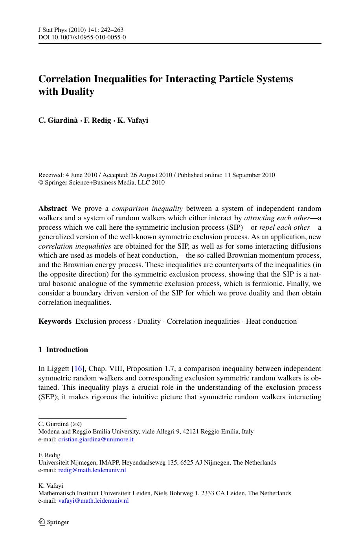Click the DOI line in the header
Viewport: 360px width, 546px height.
[x=82, y=38]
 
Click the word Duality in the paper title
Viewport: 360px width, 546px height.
[x=77, y=92]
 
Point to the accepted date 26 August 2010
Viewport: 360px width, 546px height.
[x=151, y=175]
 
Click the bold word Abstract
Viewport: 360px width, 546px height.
[x=53, y=208]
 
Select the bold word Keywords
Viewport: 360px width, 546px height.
[x=55, y=321]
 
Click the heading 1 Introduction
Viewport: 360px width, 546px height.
[x=63, y=350]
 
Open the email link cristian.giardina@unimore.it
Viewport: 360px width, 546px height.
[x=96, y=439]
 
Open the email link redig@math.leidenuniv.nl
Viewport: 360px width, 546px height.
[x=92, y=470]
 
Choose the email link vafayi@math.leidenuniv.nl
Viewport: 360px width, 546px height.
[x=93, y=501]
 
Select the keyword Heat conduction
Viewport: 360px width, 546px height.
[x=271, y=321]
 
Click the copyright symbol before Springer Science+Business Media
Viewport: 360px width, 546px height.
[x=40, y=183]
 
